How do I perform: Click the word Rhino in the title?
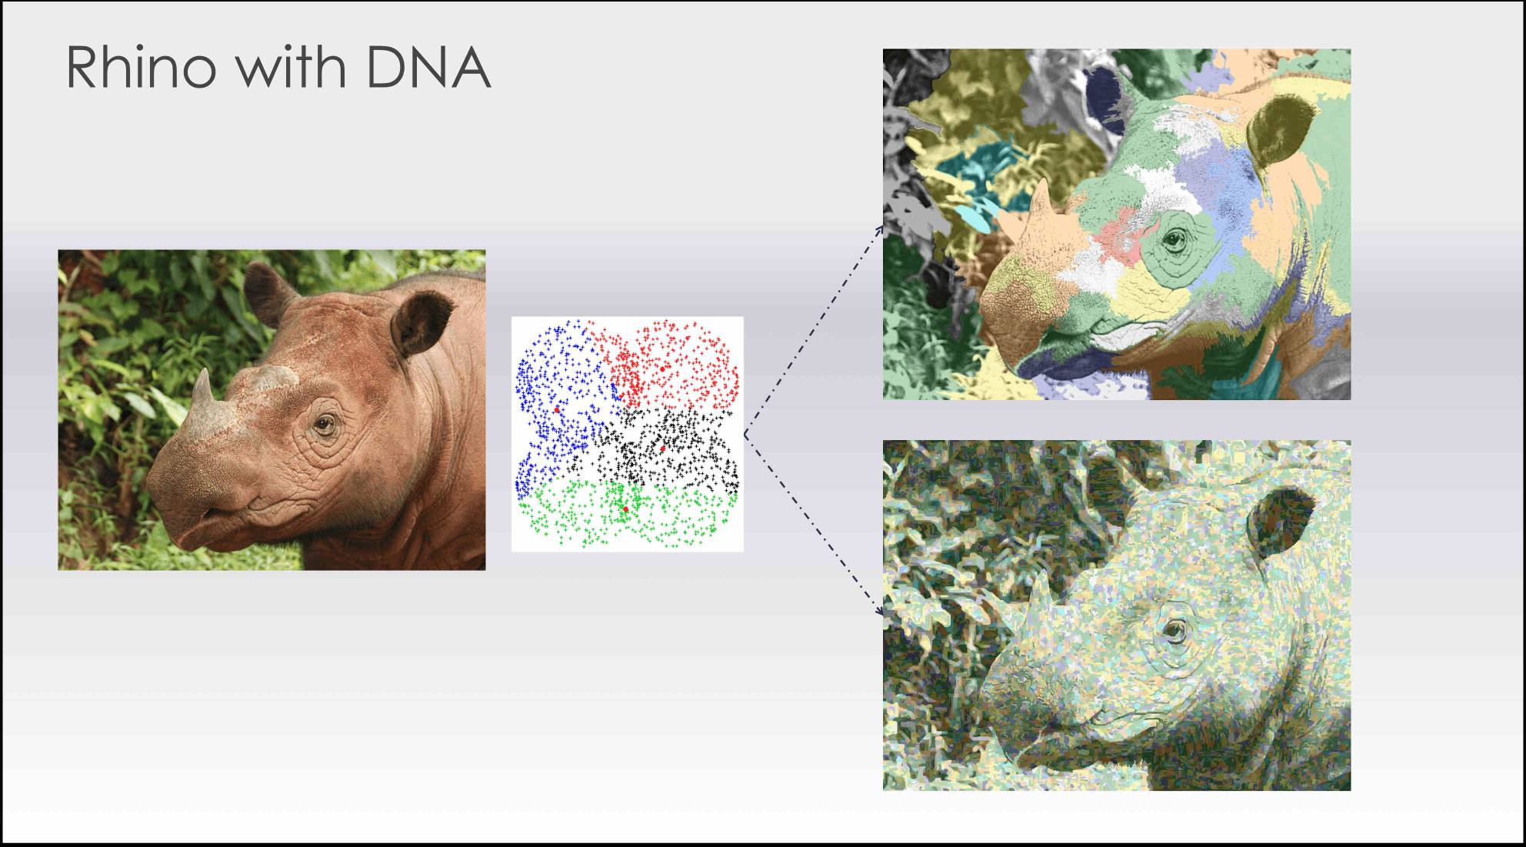click(141, 67)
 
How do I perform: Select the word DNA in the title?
click(427, 67)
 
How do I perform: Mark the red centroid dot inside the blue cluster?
click(556, 410)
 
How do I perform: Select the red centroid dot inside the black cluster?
click(661, 448)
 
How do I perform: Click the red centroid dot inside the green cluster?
click(625, 509)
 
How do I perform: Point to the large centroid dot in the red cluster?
click(662, 369)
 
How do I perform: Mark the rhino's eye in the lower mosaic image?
click(1174, 631)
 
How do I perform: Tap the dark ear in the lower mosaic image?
click(1281, 519)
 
